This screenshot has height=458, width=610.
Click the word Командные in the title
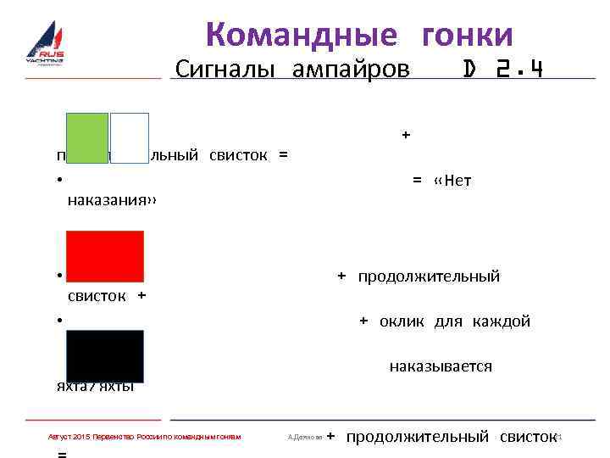(301, 35)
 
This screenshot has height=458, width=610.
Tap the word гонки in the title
(467, 35)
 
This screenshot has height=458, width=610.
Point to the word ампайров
(350, 69)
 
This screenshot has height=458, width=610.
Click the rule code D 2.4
(502, 69)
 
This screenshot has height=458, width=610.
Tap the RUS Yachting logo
(45, 47)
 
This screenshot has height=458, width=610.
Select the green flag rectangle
(88, 137)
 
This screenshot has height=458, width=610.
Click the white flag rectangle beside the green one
(129, 137)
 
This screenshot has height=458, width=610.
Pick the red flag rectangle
(106, 255)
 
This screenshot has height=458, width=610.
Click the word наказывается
(441, 366)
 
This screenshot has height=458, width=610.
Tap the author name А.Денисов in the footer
(305, 437)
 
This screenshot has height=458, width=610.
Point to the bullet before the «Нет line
(53, 179)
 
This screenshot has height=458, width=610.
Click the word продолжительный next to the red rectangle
(429, 276)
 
